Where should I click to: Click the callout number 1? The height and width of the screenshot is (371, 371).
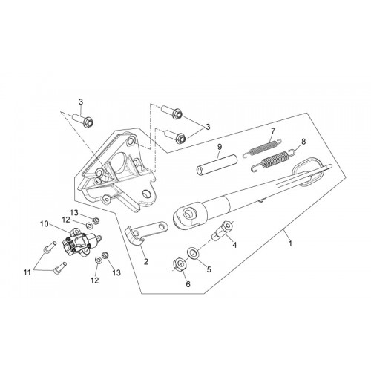click(x=290, y=243)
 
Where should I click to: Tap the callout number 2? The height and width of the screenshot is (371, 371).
click(x=146, y=261)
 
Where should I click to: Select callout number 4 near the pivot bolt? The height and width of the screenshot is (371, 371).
click(x=234, y=245)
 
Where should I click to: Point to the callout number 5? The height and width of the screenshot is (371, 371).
click(x=209, y=269)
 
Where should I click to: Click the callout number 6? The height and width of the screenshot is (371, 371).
click(x=188, y=284)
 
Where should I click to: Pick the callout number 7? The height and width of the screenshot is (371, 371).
click(x=273, y=131)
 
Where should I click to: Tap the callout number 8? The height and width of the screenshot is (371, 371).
click(x=303, y=142)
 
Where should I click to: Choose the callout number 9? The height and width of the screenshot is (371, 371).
click(x=220, y=147)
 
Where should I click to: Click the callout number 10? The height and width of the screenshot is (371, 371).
click(x=44, y=224)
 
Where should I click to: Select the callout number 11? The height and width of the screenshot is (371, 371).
click(x=27, y=272)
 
